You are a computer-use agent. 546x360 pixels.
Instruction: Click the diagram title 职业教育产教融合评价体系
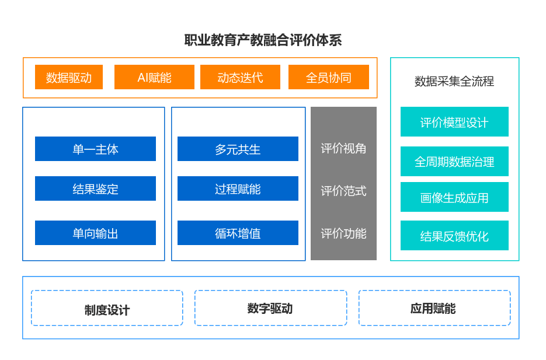click(x=263, y=40)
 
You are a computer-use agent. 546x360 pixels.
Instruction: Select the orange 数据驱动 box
click(x=69, y=77)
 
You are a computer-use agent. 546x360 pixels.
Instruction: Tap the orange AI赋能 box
click(x=154, y=77)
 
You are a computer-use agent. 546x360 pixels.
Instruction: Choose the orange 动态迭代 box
click(x=240, y=77)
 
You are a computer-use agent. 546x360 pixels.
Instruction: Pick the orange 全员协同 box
click(x=329, y=77)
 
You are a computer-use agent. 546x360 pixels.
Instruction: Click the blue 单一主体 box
click(x=95, y=149)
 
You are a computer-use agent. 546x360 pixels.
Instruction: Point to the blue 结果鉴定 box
click(x=95, y=188)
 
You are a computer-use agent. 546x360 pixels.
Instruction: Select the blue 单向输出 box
click(x=95, y=233)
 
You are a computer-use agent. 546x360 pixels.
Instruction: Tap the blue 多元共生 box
click(x=238, y=149)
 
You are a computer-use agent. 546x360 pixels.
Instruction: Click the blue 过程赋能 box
click(x=238, y=188)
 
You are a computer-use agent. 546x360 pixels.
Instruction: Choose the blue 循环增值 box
click(x=238, y=233)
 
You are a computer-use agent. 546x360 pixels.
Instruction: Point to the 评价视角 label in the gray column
click(x=343, y=148)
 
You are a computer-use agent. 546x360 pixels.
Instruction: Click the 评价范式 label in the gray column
click(x=343, y=190)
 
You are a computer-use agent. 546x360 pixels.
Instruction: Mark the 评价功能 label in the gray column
click(x=343, y=233)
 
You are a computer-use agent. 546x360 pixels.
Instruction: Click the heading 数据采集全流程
click(x=454, y=81)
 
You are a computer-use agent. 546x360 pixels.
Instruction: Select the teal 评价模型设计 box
click(x=454, y=122)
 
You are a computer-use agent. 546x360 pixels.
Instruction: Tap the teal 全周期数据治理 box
click(x=454, y=161)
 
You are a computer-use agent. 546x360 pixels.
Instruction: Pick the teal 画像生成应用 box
click(x=454, y=197)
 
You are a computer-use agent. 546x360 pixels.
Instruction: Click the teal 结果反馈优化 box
click(x=454, y=236)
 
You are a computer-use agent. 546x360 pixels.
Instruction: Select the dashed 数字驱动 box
click(x=270, y=308)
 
